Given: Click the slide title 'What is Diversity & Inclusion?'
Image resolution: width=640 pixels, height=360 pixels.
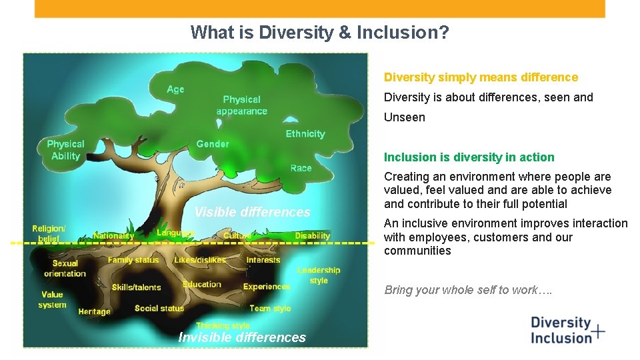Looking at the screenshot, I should coord(319,32).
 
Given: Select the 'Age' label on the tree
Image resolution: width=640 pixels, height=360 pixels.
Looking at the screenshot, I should coord(175,89).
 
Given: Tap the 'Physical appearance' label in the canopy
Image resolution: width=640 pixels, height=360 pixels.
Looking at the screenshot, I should coord(241,105).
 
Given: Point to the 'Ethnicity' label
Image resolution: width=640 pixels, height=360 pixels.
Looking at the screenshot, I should coord(305,134).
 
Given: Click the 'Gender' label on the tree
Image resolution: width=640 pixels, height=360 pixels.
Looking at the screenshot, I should coord(213,144).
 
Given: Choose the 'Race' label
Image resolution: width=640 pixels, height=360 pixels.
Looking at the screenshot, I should coord(301,168).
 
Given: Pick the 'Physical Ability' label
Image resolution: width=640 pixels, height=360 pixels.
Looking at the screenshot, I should coord(65,150).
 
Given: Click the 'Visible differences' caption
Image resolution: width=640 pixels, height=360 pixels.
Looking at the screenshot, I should coord(252,212).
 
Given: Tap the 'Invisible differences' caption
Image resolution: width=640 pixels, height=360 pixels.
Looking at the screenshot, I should coord(242,337).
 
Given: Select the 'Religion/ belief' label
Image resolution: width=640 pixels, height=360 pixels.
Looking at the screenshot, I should coord(49,233).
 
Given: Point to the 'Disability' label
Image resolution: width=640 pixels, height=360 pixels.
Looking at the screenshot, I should coord(312,235).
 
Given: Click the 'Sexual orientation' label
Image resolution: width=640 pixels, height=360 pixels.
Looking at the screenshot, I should coord(65,268).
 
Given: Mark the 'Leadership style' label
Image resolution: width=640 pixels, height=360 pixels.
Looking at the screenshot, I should coord(319,275).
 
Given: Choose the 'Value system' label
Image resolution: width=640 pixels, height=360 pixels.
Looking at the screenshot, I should coord(52,299).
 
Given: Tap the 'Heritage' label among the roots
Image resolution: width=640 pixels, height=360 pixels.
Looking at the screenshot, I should coord(94,311).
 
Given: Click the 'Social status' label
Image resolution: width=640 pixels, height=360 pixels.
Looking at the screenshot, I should coord(159,308).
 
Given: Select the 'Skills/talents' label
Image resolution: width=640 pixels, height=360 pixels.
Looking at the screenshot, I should coord(136,287).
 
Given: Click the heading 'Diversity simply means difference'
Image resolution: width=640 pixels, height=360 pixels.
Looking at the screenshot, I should coord(481,77).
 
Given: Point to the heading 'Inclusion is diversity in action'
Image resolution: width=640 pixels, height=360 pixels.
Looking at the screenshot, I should coord(469,157).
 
